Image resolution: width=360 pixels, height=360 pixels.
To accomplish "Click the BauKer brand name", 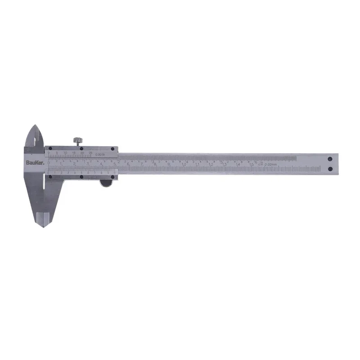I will point(34,162).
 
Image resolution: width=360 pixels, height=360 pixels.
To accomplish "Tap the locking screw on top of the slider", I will point(79,141).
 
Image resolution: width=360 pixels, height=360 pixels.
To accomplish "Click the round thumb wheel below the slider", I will point(106,182).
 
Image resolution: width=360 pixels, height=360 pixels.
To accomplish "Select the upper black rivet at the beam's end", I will point(330,159).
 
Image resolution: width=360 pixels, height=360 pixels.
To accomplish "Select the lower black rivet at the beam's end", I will point(330,169).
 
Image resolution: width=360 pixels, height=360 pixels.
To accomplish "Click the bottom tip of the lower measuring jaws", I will point(44,225).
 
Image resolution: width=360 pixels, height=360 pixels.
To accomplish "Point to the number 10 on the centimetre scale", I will point(184,164).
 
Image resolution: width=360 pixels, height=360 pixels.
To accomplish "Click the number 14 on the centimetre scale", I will point(238,165).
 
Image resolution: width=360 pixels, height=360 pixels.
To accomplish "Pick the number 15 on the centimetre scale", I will point(252,165).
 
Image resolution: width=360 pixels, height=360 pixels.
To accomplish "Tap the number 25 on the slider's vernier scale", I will point(91,153).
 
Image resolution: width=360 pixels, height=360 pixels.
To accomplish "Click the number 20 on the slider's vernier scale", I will point(82,153).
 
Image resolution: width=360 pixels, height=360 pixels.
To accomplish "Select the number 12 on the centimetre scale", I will point(211,165).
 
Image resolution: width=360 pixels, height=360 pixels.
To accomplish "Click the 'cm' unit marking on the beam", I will point(260,165).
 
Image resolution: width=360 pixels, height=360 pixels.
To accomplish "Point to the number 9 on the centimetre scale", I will point(169,164).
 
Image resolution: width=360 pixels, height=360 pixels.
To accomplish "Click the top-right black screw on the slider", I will point(112,149).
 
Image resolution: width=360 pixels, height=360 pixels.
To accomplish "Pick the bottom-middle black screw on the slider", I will point(81,177).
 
